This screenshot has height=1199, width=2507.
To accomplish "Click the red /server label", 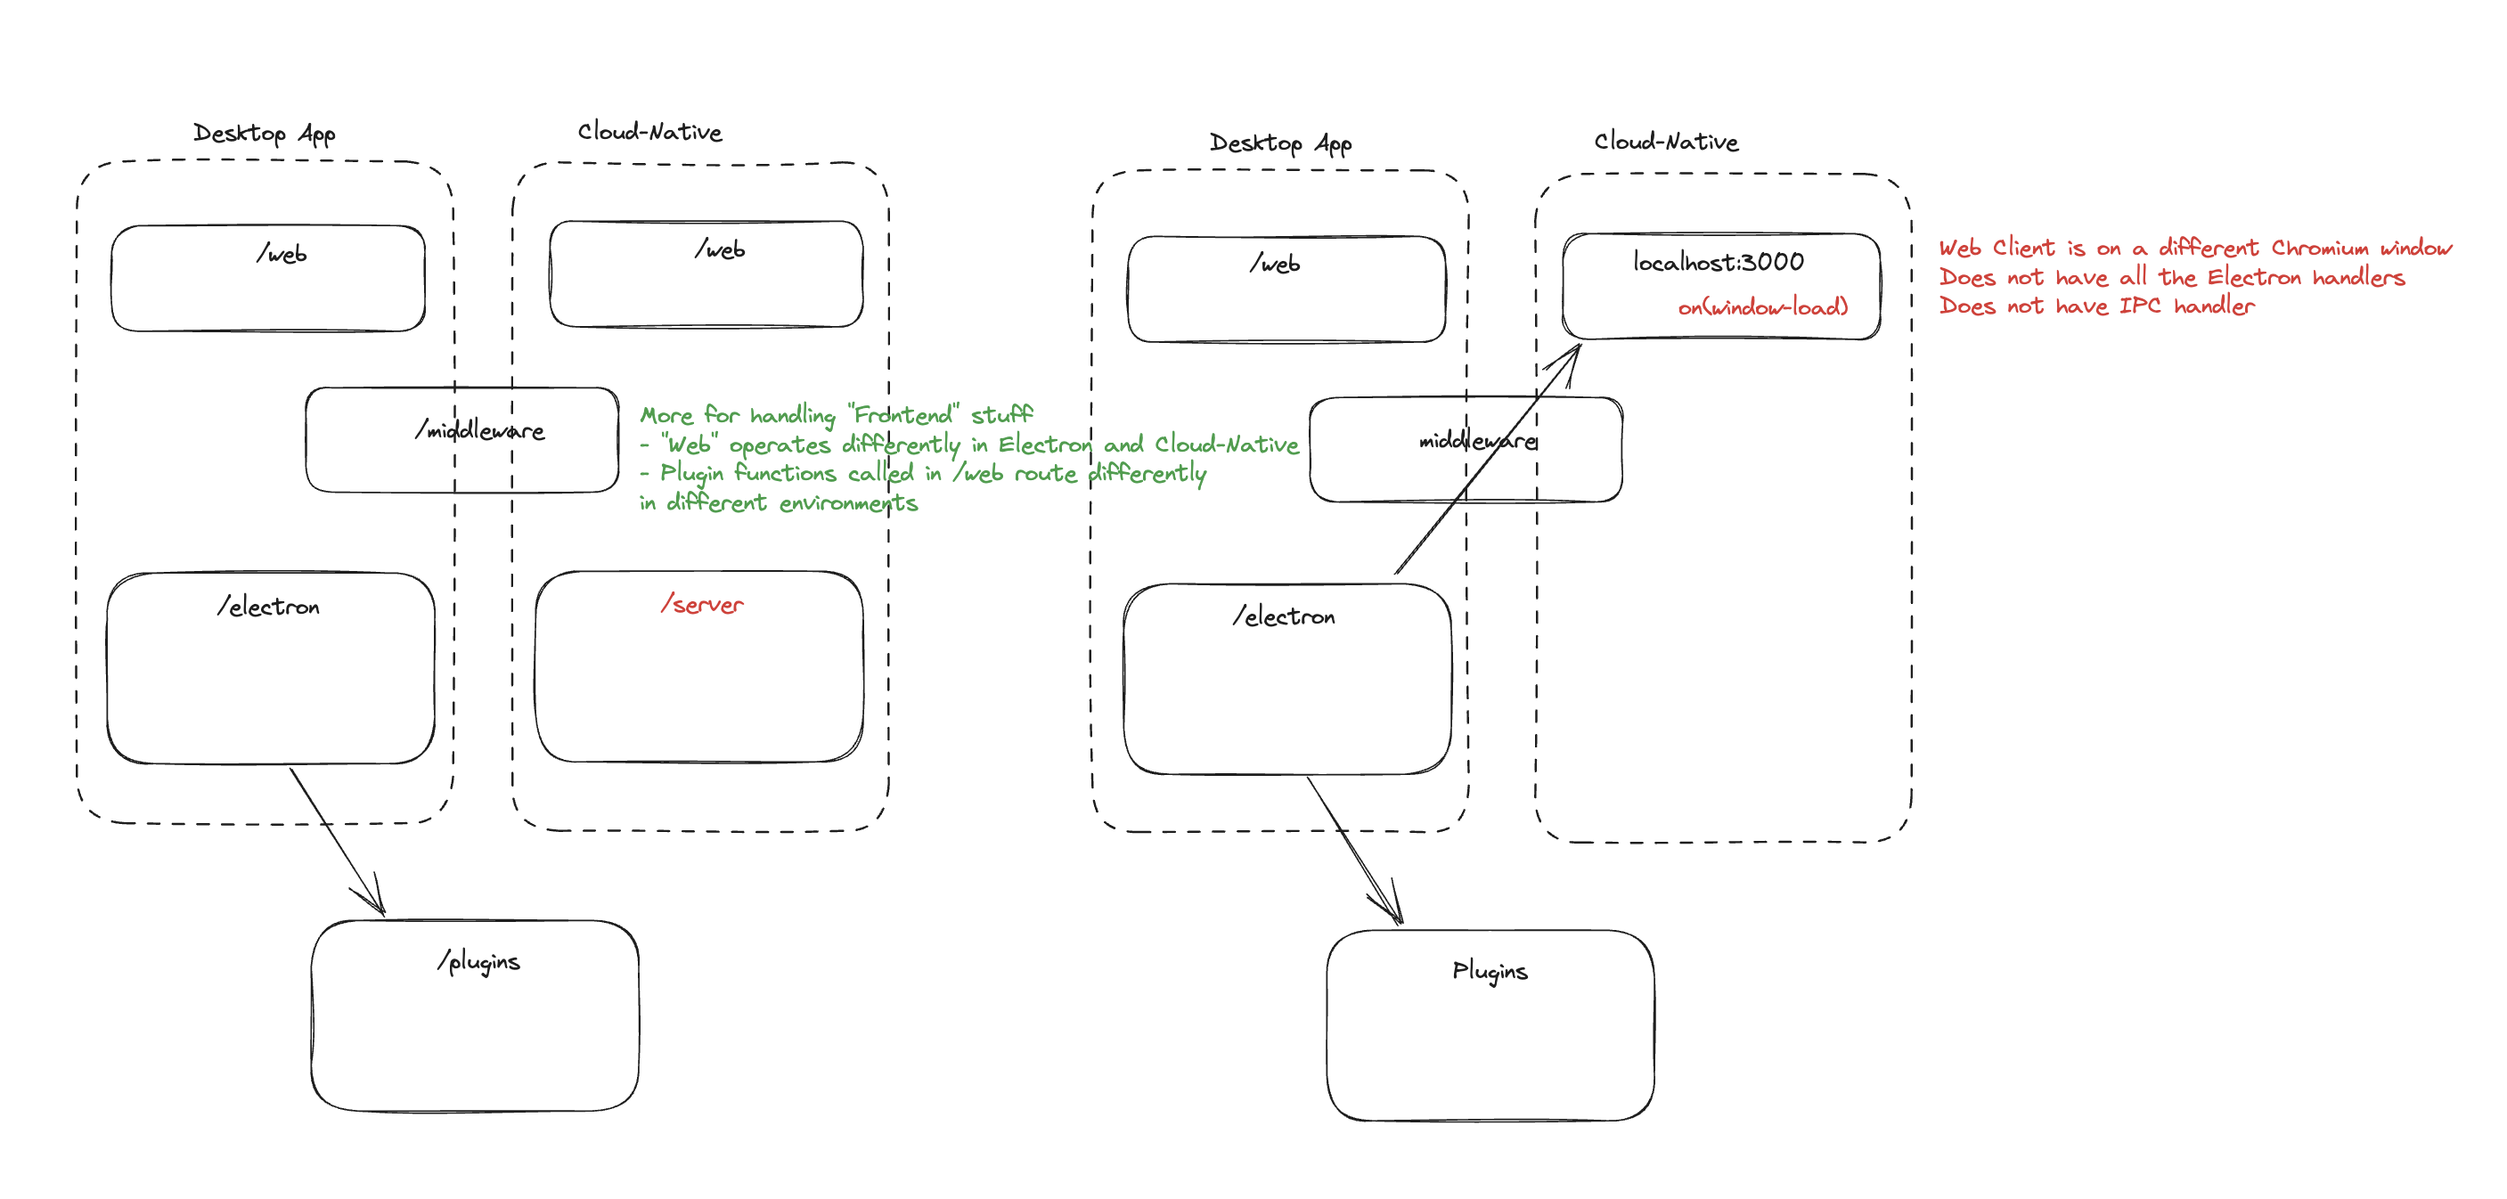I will pyautogui.click(x=702, y=604).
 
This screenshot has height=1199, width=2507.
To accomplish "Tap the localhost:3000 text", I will pyautogui.click(x=1718, y=262).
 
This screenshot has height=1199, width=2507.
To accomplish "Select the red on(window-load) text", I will pyautogui.click(x=1761, y=307).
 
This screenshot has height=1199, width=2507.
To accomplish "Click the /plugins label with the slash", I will pyautogui.click(x=478, y=961).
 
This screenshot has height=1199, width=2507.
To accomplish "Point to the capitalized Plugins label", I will pyautogui.click(x=1489, y=971).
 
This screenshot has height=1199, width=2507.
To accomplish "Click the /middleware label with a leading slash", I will pyautogui.click(x=480, y=430).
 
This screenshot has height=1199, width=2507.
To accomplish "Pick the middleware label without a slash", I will pyautogui.click(x=1477, y=442).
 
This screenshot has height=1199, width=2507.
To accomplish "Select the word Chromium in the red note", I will pyautogui.click(x=2320, y=249).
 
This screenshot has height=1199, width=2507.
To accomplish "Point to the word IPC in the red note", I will pyautogui.click(x=2139, y=306).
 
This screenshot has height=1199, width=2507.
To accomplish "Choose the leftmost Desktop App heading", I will pyautogui.click(x=264, y=134).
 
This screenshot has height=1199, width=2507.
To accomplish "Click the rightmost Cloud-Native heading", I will pyautogui.click(x=1665, y=143).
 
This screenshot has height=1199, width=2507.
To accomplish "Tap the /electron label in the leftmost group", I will pyautogui.click(x=269, y=608).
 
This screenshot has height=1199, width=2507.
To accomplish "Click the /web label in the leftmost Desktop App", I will pyautogui.click(x=282, y=254).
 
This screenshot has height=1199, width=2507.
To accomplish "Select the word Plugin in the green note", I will pyautogui.click(x=691, y=474).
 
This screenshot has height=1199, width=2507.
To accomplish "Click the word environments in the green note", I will pyautogui.click(x=847, y=503).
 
